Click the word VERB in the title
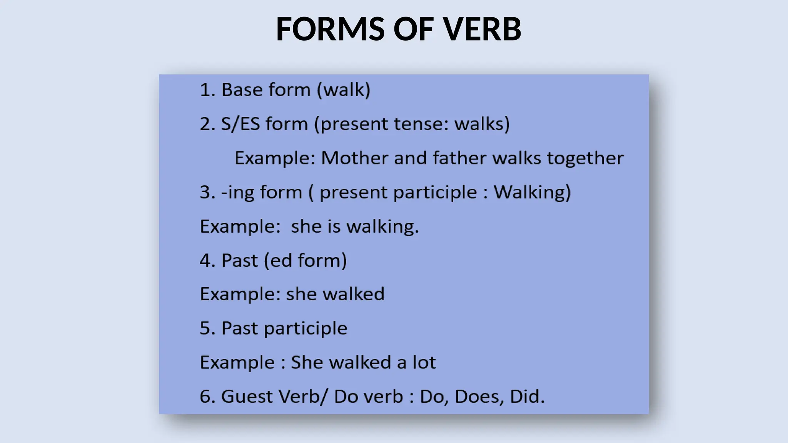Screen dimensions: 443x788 (x=482, y=29)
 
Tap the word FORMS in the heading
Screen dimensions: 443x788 (x=330, y=29)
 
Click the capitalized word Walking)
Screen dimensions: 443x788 (x=532, y=192)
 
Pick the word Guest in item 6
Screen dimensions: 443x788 (x=247, y=396)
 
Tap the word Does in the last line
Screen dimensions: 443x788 (x=479, y=396)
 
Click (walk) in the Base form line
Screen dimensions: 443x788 (x=344, y=90)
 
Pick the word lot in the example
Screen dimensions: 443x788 (x=424, y=362)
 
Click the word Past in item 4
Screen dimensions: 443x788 (x=239, y=260)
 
